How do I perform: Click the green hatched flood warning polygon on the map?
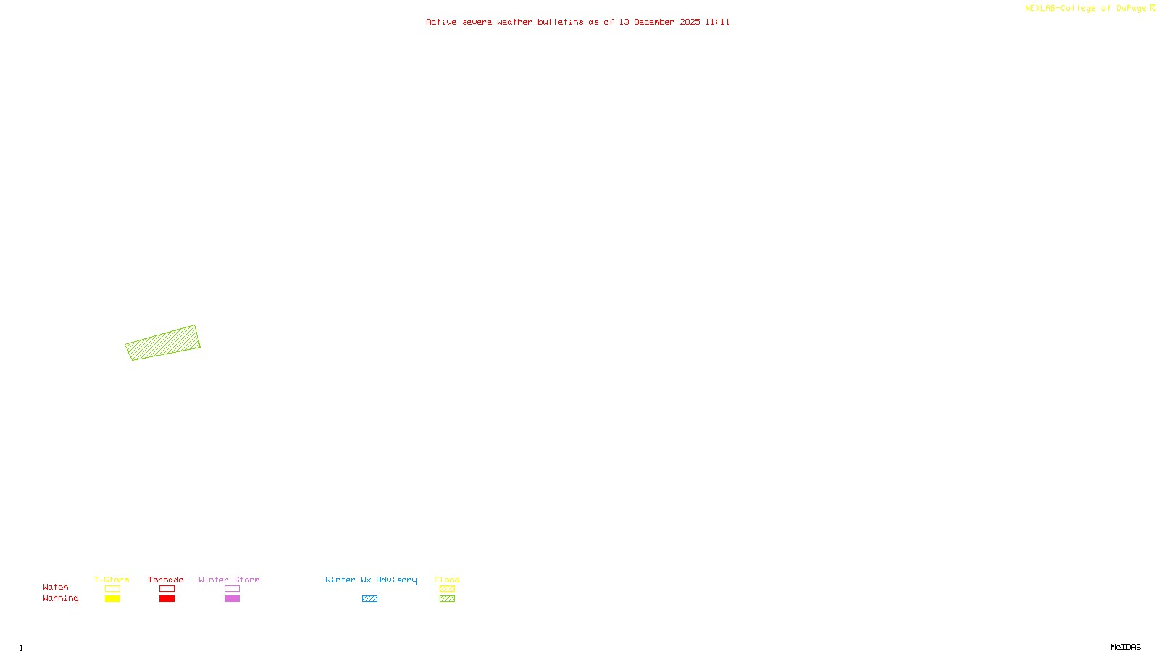163,343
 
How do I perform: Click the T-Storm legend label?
112,580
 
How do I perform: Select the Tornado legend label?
166,580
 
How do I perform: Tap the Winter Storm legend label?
229,580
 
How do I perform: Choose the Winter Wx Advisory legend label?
371,580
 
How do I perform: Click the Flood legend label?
447,580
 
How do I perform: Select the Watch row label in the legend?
56,587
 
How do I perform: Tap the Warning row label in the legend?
61,598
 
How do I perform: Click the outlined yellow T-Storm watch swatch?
112,589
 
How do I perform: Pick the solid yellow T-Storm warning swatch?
112,599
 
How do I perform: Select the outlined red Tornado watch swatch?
167,589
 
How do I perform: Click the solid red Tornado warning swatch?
167,599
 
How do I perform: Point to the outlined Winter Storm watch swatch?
232,589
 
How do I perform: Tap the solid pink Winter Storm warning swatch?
232,599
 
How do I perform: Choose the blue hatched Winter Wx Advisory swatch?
369,599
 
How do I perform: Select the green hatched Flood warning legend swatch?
447,599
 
